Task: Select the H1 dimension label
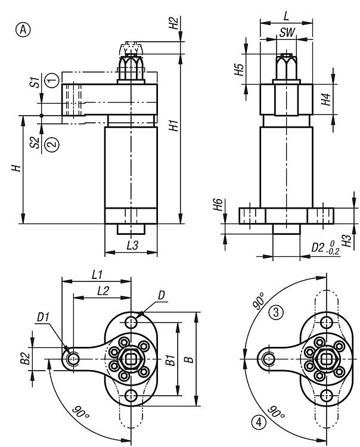(173, 126)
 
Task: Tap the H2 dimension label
(173, 23)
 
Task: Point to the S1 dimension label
(36, 82)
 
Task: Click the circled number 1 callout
(52, 78)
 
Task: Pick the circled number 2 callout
(52, 144)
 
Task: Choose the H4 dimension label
(326, 99)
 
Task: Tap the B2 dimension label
(25, 358)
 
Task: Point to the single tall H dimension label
(18, 169)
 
